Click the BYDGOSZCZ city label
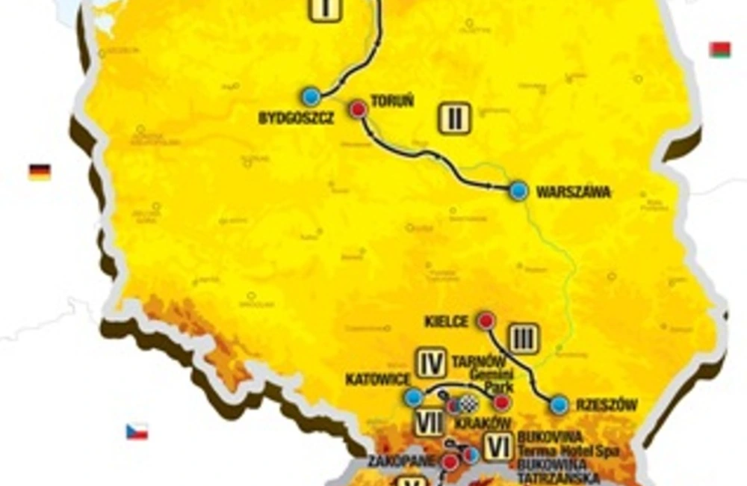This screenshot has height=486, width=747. pyautogui.click(x=295, y=118)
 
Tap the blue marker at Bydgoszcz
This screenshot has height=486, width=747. pyautogui.click(x=311, y=96)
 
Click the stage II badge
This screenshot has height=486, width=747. pyautogui.click(x=454, y=118)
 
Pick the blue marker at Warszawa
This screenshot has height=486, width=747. pyautogui.click(x=518, y=191)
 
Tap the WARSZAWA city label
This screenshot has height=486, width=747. pyautogui.click(x=574, y=192)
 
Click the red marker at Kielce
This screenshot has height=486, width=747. pyautogui.click(x=486, y=321)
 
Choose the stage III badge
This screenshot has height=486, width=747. pyautogui.click(x=524, y=339)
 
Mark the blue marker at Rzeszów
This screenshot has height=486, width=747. pyautogui.click(x=560, y=405)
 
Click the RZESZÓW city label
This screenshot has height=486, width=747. pyautogui.click(x=606, y=406)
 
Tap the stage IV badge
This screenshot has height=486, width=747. pyautogui.click(x=431, y=363)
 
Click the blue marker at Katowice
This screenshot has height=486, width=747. pyautogui.click(x=412, y=398)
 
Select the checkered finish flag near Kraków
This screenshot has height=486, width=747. pyautogui.click(x=468, y=405)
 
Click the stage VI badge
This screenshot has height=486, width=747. pyautogui.click(x=497, y=447)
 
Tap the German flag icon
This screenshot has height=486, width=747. pyautogui.click(x=40, y=173)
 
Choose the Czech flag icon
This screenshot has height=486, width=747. pyautogui.click(x=137, y=431)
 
